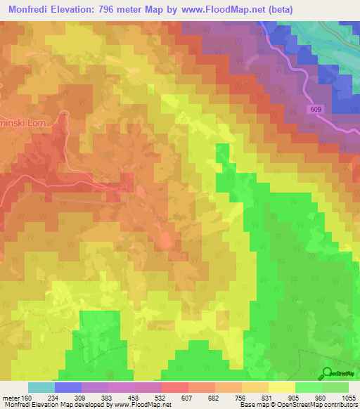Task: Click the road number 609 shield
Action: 316,110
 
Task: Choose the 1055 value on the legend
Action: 346,397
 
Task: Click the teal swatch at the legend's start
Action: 41,387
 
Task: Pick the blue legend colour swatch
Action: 67,387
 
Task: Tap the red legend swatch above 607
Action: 174,387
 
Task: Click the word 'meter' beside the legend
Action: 10,397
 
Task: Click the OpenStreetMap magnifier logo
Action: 327,373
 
